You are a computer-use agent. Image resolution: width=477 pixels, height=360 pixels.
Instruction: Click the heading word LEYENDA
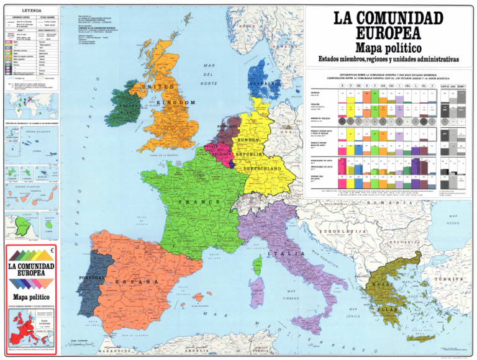[x=32, y=12]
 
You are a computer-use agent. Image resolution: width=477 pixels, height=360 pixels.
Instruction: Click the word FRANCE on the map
[x=200, y=202]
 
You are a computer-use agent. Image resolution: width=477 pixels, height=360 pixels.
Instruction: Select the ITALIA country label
[x=278, y=254]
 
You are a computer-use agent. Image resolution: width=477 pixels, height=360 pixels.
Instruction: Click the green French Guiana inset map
[x=24, y=226]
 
